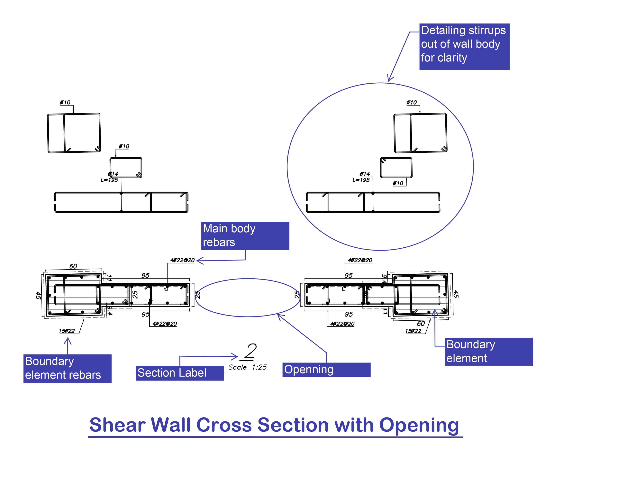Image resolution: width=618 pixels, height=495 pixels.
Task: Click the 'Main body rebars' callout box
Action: [x=245, y=236]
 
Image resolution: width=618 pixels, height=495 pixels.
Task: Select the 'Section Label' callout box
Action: [x=179, y=373]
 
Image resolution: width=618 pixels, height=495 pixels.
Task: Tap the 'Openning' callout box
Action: [x=326, y=370]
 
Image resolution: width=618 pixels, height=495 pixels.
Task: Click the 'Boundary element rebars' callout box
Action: [x=67, y=368]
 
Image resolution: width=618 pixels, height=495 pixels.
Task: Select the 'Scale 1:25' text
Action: [x=247, y=367]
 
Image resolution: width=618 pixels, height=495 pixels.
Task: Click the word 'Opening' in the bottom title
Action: [x=419, y=425]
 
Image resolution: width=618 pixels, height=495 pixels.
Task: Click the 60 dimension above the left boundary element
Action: [x=73, y=266]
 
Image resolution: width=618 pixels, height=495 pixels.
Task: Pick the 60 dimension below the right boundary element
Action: [x=421, y=324]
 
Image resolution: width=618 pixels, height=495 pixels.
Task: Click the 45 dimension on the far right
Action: [x=456, y=294]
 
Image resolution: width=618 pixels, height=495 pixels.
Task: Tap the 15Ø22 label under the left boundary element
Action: [x=67, y=331]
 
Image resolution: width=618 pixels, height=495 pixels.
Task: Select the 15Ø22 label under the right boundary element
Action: [x=413, y=331]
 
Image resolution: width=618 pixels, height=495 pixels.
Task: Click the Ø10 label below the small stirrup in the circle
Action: [x=398, y=183]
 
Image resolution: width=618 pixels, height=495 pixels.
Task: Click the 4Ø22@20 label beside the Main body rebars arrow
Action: [x=182, y=260]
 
